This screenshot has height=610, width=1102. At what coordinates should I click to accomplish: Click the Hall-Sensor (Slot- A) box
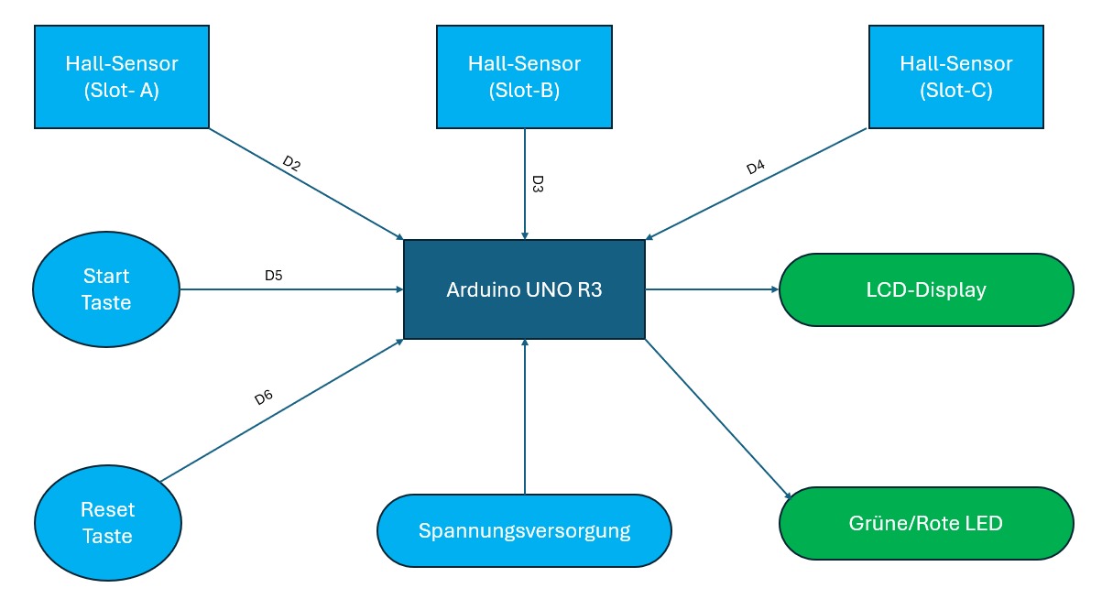pyautogui.click(x=121, y=77)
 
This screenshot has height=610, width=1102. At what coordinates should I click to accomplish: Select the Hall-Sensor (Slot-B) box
pyautogui.click(x=524, y=77)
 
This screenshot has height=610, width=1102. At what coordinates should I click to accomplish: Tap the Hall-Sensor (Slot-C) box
pyautogui.click(x=955, y=77)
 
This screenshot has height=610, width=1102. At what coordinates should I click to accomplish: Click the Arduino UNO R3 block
pyautogui.click(x=524, y=289)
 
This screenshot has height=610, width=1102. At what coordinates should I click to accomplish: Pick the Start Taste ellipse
pyautogui.click(x=106, y=289)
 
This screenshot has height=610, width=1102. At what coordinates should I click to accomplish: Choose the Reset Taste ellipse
pyautogui.click(x=106, y=523)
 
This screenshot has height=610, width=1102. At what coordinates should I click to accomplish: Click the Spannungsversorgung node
pyautogui.click(x=524, y=531)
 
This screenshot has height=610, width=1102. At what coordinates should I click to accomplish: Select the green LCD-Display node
pyautogui.click(x=925, y=289)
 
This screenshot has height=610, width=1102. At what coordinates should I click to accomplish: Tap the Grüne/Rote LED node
pyautogui.click(x=925, y=524)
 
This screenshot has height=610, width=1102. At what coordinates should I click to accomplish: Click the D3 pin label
pyautogui.click(x=538, y=184)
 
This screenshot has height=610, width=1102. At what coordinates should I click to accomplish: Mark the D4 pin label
pyautogui.click(x=755, y=168)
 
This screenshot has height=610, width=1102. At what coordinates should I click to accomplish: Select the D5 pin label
pyautogui.click(x=273, y=275)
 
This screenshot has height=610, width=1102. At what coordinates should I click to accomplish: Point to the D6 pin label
pyautogui.click(x=263, y=398)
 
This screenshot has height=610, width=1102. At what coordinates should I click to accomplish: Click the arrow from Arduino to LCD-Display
pyautogui.click(x=712, y=289)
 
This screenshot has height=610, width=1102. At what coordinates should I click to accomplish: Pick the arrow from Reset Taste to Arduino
pyautogui.click(x=282, y=409)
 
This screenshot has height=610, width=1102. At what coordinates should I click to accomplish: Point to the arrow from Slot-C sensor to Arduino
pyautogui.click(x=756, y=182)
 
